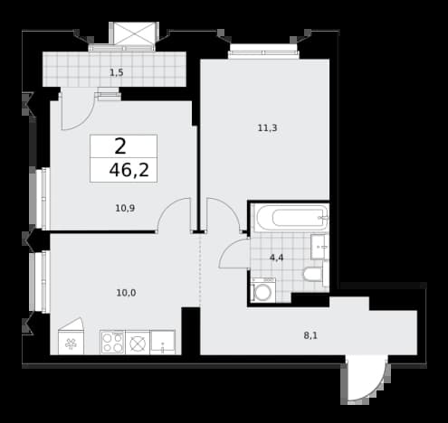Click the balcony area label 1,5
(117, 72)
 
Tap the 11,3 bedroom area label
(267, 128)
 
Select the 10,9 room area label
(125, 208)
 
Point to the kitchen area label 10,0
(126, 293)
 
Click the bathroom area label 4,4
(276, 258)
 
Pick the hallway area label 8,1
(310, 335)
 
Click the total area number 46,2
(129, 170)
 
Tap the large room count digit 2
(120, 146)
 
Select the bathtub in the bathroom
(291, 218)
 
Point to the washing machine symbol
(262, 290)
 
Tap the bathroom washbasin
(319, 247)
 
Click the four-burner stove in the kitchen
(112, 343)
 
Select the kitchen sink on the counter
(162, 343)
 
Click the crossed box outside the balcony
(134, 33)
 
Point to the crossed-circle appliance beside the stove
(138, 343)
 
